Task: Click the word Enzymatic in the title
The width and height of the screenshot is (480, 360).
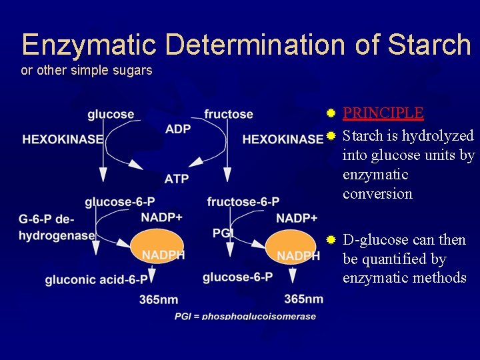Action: point(89,45)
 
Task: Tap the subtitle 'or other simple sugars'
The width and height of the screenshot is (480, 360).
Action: point(87,70)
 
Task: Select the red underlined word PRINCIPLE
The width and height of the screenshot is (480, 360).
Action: point(383,113)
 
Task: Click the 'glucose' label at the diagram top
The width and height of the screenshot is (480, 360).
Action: point(111,115)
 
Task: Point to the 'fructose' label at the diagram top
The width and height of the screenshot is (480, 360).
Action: point(229,115)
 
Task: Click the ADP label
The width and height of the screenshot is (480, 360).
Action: point(177,129)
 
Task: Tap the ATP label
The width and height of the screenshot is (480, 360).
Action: point(177,178)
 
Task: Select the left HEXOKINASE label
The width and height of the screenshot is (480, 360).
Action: point(63,139)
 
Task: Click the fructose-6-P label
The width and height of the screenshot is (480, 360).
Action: point(243,201)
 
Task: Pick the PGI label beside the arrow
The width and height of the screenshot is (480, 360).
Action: point(222,232)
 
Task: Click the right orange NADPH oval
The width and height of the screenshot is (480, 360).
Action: point(293,246)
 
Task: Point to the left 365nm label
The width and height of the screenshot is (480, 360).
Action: point(159,300)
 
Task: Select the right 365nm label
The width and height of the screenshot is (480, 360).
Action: point(303,299)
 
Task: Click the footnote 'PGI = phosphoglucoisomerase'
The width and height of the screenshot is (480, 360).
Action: point(245,316)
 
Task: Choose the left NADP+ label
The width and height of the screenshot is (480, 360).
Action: point(163,218)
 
